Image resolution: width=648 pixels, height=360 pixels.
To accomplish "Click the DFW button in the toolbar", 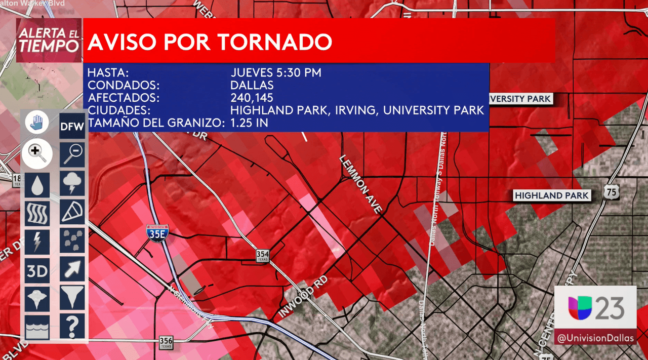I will [72, 127].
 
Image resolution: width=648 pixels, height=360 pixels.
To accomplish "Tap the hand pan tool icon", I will [37, 123].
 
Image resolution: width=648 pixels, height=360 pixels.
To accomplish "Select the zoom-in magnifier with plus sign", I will [37, 153].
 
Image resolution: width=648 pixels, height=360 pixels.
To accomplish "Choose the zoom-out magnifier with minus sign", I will [72, 154].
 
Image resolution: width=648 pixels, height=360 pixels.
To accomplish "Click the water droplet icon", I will [37, 185].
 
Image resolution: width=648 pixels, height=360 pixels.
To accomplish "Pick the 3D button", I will [37, 271].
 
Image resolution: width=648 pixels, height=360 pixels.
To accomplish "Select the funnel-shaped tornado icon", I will [72, 297].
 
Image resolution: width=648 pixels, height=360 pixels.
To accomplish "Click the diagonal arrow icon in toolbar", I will [72, 268].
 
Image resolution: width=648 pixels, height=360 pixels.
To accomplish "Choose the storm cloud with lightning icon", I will [72, 183].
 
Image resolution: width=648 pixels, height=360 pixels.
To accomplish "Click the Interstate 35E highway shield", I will [157, 233].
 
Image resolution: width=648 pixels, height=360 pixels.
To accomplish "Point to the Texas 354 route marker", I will [262, 256].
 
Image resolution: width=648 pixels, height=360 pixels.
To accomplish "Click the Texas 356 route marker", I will [166, 343].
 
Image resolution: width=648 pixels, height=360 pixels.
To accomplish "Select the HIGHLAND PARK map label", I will [551, 195].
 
